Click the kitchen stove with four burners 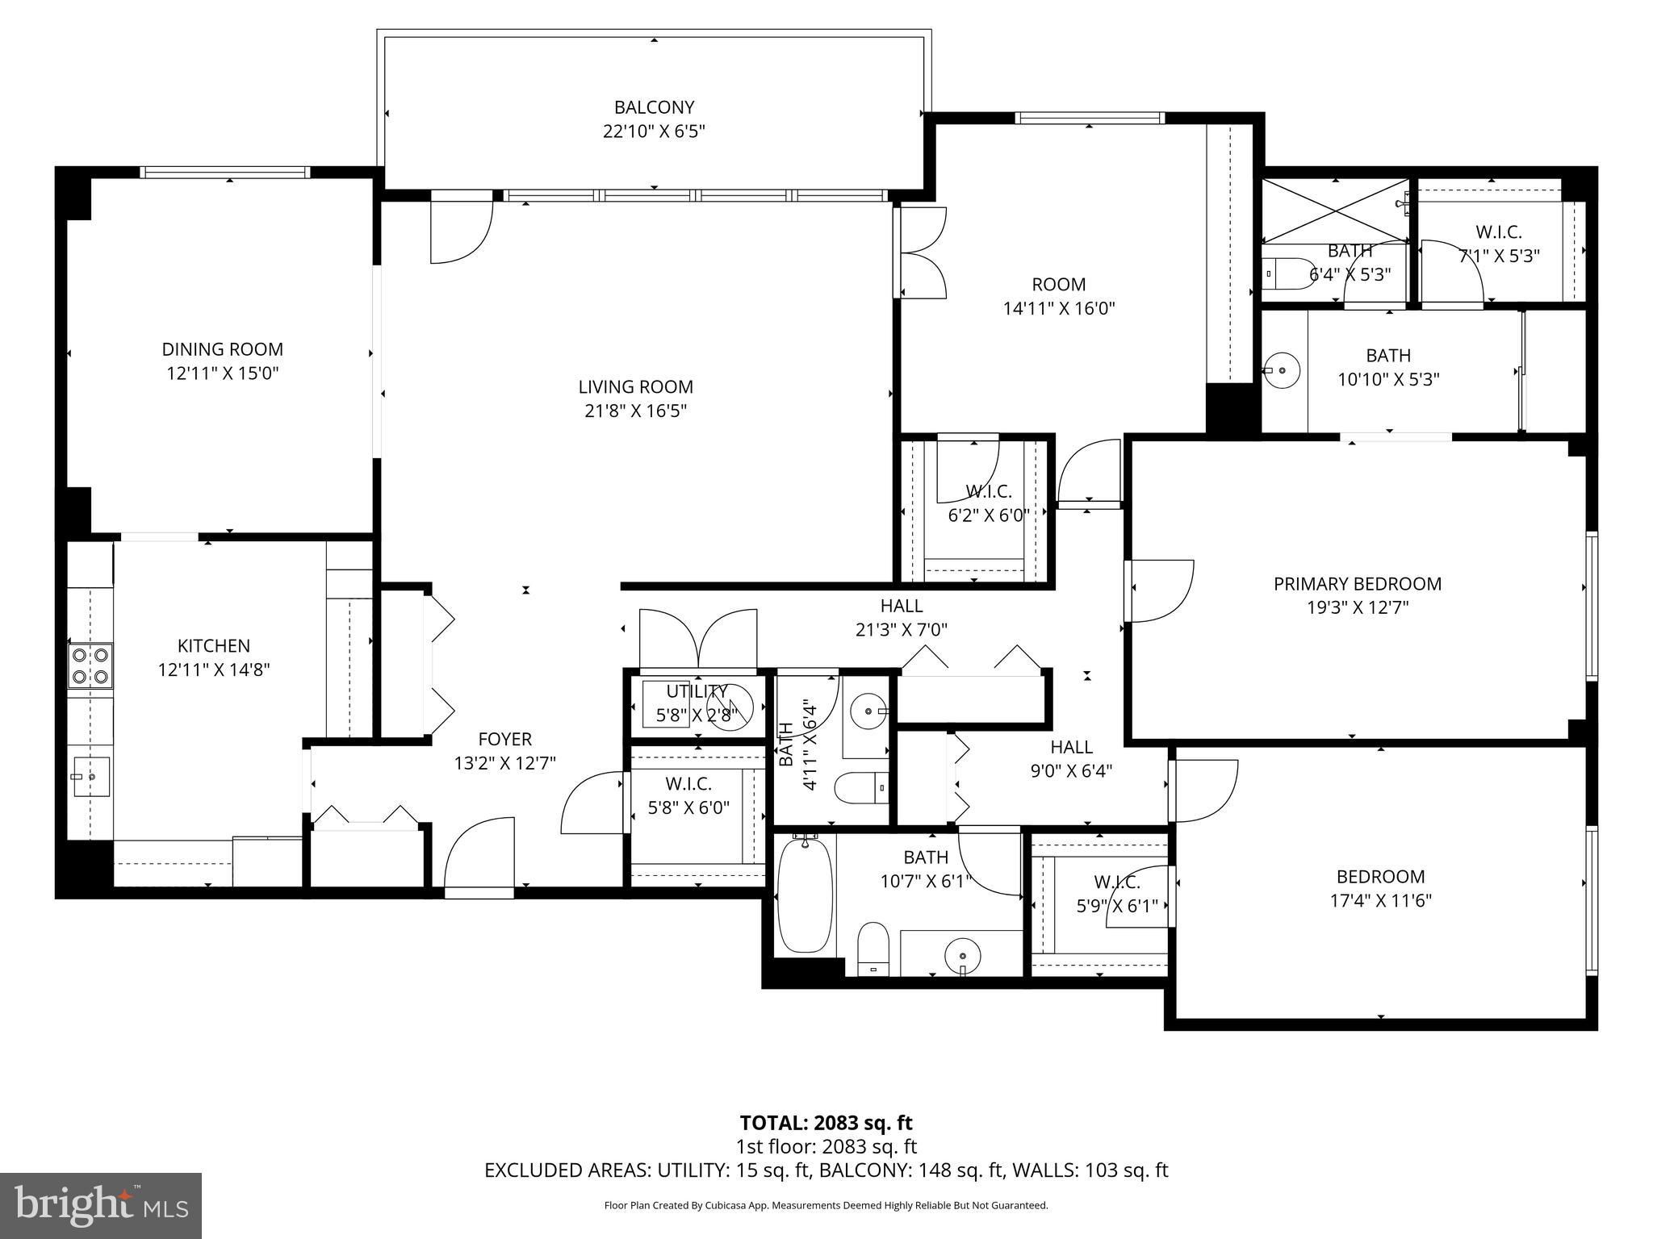pyautogui.click(x=90, y=665)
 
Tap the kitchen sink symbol pyautogui.click(x=92, y=777)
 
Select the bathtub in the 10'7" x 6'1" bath pyautogui.click(x=804, y=895)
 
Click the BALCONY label pyautogui.click(x=654, y=107)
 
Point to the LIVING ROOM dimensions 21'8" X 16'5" pyautogui.click(x=635, y=411)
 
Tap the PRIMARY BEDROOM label pyautogui.click(x=1357, y=583)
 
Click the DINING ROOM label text pyautogui.click(x=222, y=349)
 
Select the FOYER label pyautogui.click(x=504, y=739)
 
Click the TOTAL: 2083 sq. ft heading pyautogui.click(x=826, y=1122)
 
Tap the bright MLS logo pyautogui.click(x=101, y=1205)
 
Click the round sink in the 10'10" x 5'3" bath pyautogui.click(x=1281, y=370)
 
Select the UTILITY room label pyautogui.click(x=697, y=691)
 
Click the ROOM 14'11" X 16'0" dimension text pyautogui.click(x=1058, y=308)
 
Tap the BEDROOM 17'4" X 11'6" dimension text pyautogui.click(x=1380, y=900)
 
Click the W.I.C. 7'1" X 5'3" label pyautogui.click(x=1498, y=244)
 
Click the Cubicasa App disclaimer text pyautogui.click(x=826, y=1206)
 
